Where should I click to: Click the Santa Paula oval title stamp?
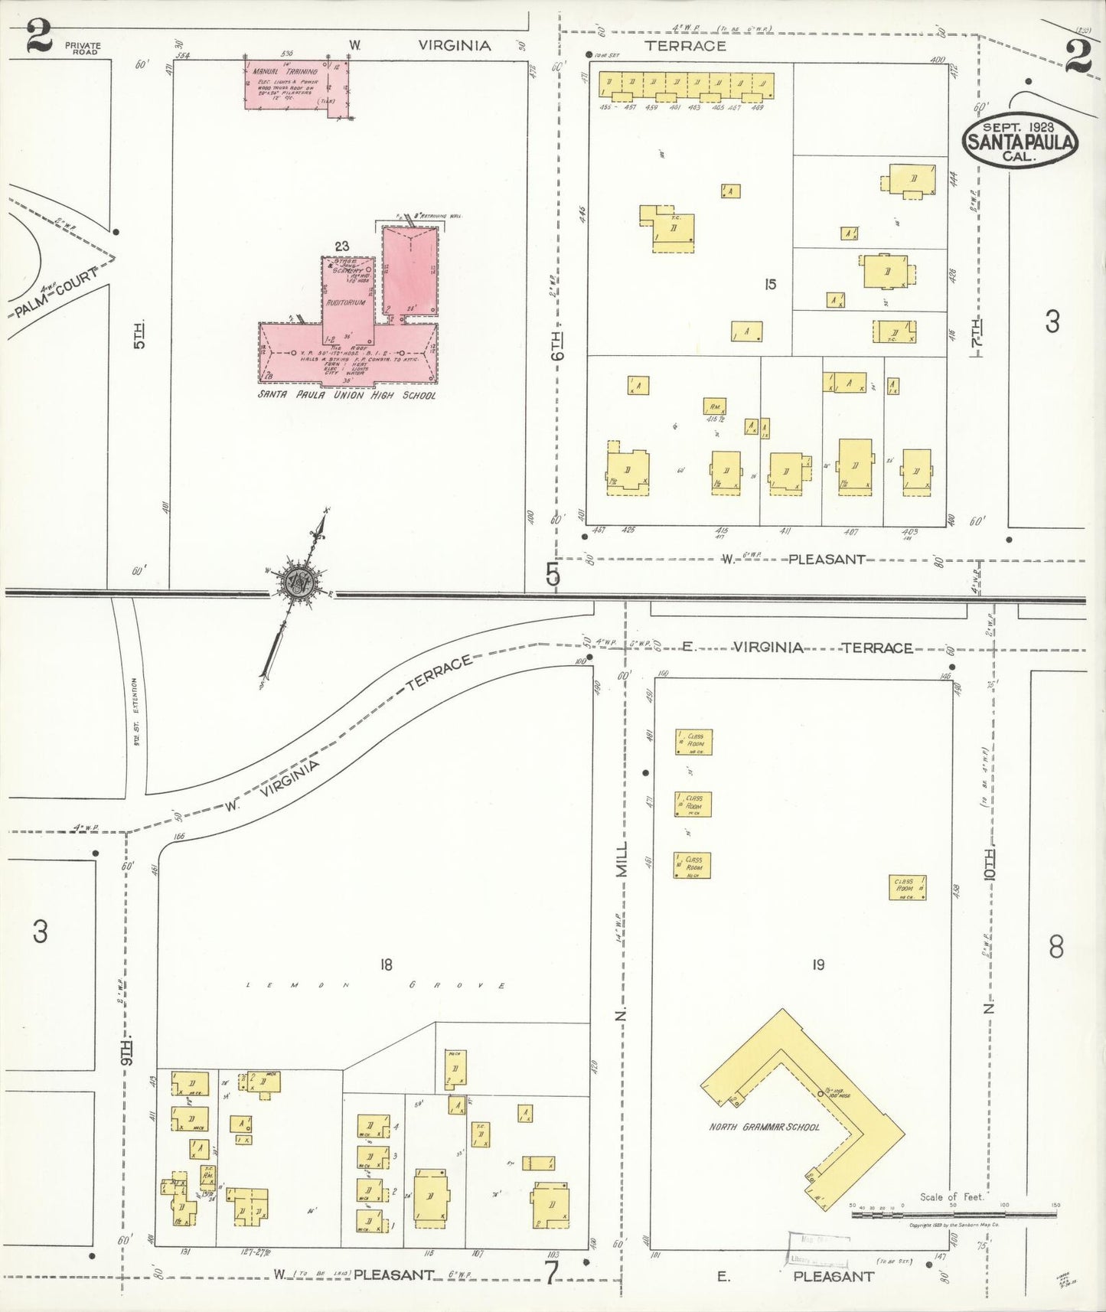pyautogui.click(x=1020, y=142)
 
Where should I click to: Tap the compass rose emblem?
pyautogui.click(x=295, y=583)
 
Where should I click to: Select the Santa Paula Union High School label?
pyautogui.click(x=347, y=395)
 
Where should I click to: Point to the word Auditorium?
pyautogui.click(x=346, y=302)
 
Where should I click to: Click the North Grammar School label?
pyautogui.click(x=764, y=1127)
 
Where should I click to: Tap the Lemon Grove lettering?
pyautogui.click(x=375, y=985)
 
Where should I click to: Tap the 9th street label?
pyautogui.click(x=128, y=1049)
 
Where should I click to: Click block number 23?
pyautogui.click(x=341, y=246)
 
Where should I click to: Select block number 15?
pyautogui.click(x=770, y=284)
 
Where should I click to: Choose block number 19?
pyautogui.click(x=818, y=964)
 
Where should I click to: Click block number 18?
pyautogui.click(x=386, y=964)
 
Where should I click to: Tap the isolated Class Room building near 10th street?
pyautogui.click(x=907, y=887)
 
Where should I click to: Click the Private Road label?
pyautogui.click(x=83, y=48)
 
